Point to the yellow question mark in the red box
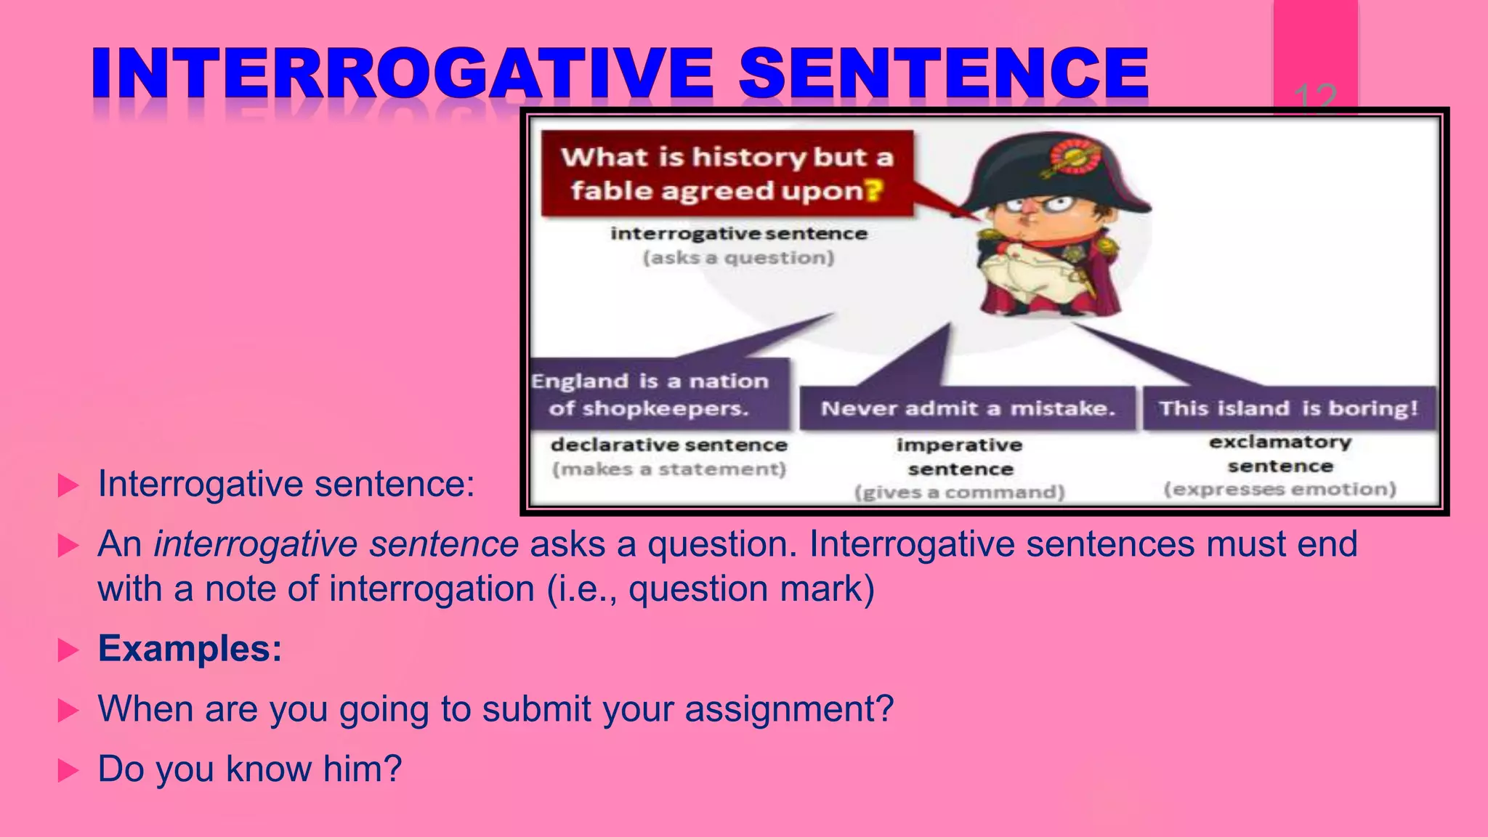click(874, 190)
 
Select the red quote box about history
click(727, 174)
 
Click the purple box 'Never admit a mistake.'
click(968, 408)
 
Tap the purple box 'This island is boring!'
click(1289, 408)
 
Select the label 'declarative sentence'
click(668, 445)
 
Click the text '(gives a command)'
click(959, 493)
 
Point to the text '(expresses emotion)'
click(1280, 489)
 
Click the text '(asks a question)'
click(738, 258)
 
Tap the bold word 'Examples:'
click(190, 649)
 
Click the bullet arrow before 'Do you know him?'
click(68, 770)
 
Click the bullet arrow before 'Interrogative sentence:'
click(68, 485)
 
